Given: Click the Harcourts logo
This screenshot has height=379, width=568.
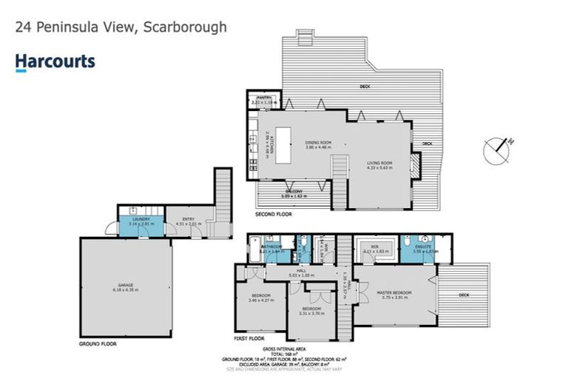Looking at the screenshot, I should pos(55,61).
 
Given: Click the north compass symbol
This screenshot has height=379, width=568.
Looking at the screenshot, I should pos(496,150).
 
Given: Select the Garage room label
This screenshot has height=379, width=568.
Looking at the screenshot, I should pos(126,287).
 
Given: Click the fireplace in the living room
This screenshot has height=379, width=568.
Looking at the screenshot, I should pos(416,164).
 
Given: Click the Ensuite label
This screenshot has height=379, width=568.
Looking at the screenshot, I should pos(425,248).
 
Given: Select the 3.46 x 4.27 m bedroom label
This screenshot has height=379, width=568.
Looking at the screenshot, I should pos(260,298).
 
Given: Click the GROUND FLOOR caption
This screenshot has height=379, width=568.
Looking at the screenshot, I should pos(98,343).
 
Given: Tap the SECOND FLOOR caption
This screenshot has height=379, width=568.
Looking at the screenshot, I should pos(273,215).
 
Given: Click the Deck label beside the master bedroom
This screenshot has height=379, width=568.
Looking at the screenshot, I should pos(463,294).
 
